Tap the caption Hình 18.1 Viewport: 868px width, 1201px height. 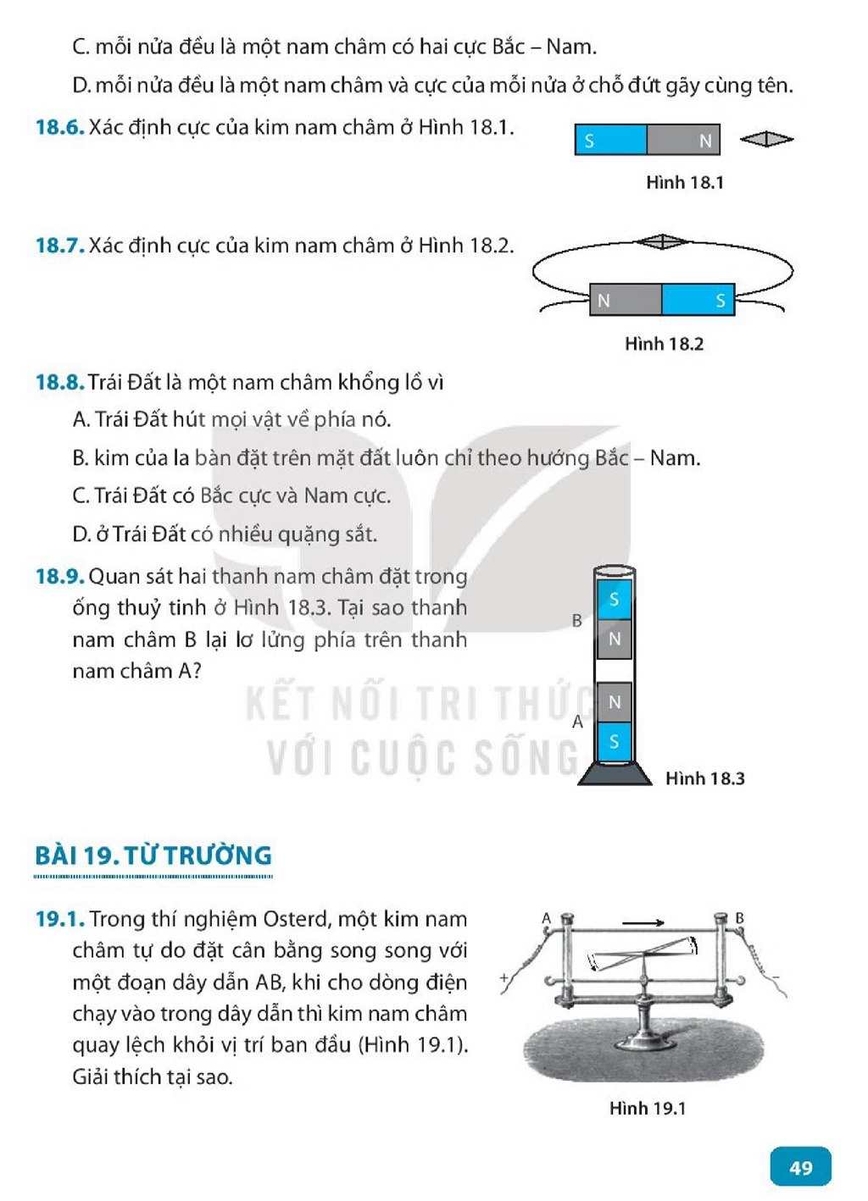(685, 182)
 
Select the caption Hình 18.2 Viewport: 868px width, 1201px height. (664, 344)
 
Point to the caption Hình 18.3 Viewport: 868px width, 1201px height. (705, 778)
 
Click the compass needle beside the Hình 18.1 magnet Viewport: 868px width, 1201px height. (766, 140)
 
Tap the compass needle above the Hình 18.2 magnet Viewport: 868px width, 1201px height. (662, 241)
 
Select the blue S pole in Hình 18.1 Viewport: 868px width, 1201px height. (611, 140)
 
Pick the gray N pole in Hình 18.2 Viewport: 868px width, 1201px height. (626, 300)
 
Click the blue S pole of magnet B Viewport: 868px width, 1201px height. (615, 599)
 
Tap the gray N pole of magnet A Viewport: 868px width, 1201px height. (615, 702)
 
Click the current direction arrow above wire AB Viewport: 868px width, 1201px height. (643, 922)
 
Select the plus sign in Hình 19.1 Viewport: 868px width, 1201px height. (504, 977)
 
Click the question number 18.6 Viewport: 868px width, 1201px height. (59, 128)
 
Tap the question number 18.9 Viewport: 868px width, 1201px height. (59, 577)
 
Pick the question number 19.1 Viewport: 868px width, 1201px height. (59, 919)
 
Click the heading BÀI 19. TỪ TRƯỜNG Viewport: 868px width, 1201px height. (153, 855)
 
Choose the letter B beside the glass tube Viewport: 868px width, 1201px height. (576, 620)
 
